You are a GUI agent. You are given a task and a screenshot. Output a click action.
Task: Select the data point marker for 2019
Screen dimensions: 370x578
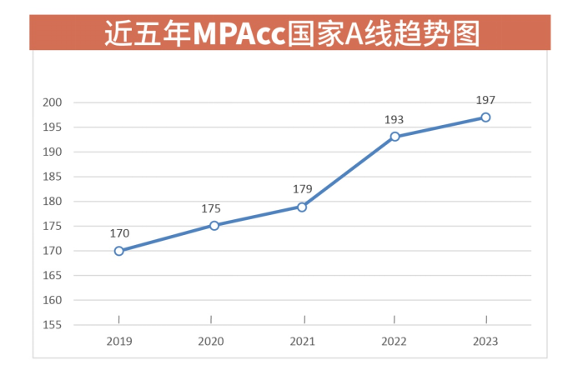(119, 251)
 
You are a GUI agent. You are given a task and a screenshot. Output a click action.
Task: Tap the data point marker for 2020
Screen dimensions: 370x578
(214, 225)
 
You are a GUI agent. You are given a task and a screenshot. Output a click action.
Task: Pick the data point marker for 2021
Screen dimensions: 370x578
(302, 207)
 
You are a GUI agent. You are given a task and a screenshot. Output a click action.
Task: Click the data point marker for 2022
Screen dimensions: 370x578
(395, 137)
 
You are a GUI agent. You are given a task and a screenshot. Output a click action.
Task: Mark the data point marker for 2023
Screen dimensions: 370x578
(485, 117)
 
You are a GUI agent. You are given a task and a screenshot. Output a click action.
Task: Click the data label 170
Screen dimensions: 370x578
(119, 234)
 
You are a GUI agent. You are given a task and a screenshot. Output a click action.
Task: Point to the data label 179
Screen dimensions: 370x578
(302, 189)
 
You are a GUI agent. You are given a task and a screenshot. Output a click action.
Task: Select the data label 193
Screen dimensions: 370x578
(394, 120)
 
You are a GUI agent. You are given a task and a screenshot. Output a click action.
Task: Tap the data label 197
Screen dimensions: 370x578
(485, 101)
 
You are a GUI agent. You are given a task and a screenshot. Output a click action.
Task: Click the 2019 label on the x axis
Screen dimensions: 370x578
(119, 341)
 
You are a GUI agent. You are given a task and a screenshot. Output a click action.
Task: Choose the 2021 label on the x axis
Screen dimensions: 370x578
(302, 341)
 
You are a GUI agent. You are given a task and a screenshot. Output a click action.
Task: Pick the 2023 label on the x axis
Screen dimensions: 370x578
(485, 341)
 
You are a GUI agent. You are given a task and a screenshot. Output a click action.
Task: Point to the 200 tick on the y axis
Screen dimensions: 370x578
(54, 102)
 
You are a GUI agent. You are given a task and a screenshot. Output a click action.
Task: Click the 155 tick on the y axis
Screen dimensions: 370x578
(54, 324)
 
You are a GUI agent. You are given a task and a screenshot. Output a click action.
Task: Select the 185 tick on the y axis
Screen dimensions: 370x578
(54, 177)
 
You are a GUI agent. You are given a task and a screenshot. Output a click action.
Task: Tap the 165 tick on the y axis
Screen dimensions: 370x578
(54, 275)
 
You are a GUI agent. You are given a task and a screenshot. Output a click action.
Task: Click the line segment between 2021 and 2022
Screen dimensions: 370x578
(349, 172)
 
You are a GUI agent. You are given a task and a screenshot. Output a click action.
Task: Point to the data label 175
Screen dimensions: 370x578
(211, 208)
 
